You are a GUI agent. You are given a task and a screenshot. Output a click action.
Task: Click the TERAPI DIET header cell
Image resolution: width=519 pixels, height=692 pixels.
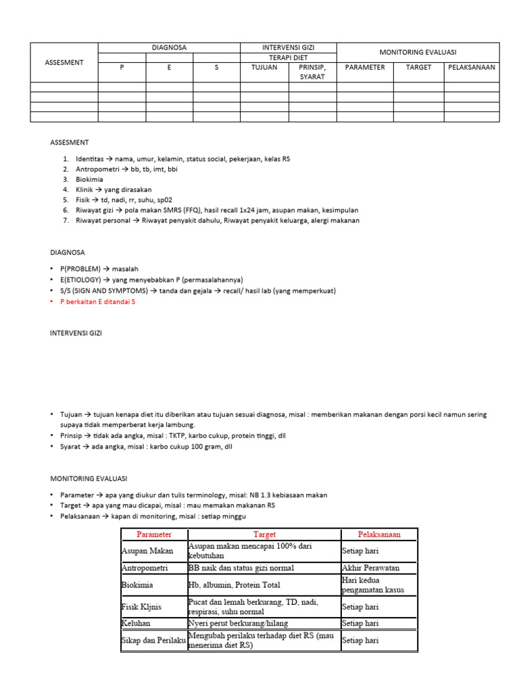tap(289, 57)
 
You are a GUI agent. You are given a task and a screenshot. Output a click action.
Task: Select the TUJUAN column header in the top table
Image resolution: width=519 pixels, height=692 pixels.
tap(264, 68)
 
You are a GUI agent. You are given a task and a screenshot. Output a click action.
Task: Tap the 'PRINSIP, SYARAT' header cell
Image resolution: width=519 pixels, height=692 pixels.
tap(312, 72)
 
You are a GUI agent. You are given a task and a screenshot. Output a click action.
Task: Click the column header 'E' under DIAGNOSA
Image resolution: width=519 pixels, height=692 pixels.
tap(169, 68)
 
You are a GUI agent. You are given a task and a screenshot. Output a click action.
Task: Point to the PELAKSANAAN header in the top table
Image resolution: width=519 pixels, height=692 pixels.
tap(472, 68)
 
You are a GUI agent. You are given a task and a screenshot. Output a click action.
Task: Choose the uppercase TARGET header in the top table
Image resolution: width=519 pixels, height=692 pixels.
tap(418, 68)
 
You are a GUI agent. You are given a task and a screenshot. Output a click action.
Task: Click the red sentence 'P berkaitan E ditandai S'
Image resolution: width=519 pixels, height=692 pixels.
tap(98, 301)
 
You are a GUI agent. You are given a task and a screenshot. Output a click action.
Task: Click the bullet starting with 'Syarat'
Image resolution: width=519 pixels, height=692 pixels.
tap(146, 447)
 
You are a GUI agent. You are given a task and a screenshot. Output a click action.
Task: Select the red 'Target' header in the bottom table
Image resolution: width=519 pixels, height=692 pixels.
tap(264, 534)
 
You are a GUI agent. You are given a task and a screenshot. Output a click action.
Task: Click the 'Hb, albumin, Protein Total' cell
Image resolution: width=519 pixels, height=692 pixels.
tap(234, 585)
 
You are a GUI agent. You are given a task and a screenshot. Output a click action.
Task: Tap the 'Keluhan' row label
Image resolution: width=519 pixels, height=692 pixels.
tap(138, 622)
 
